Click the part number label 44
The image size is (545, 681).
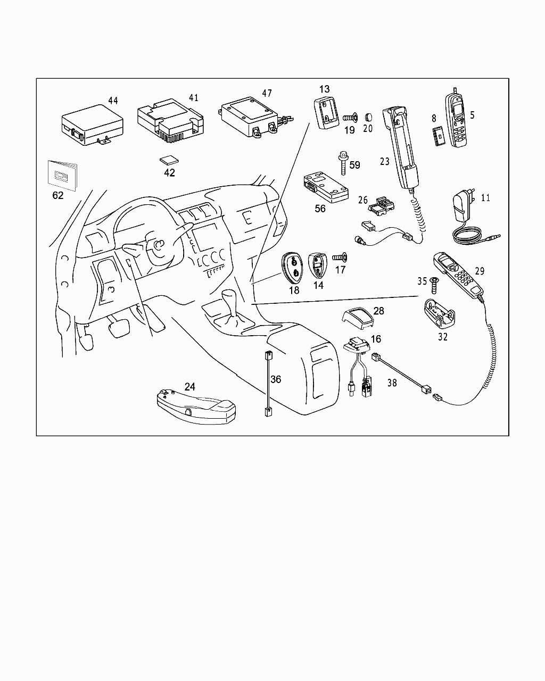click(x=113, y=101)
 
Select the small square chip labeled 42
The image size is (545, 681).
click(x=168, y=160)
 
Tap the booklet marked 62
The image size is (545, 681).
click(x=62, y=175)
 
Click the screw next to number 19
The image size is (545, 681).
click(x=349, y=117)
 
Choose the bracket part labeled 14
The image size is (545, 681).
click(x=317, y=265)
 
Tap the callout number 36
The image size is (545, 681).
click(x=276, y=379)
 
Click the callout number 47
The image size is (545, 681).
click(x=267, y=94)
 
